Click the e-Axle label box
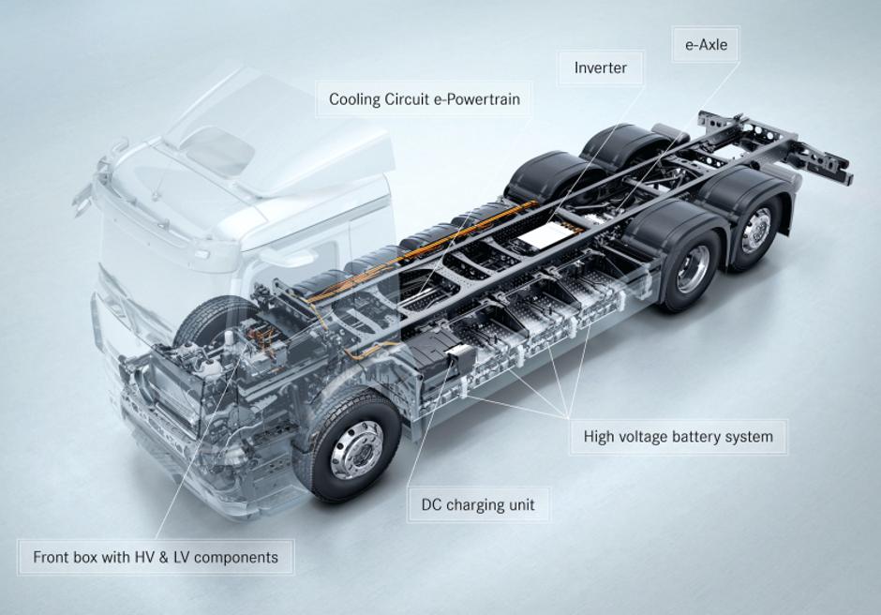pos(706,43)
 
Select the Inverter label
pos(600,68)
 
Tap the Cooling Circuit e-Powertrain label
pos(424,98)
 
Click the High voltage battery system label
pos(678,436)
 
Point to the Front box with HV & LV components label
pos(156,557)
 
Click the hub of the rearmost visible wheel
pos(757,230)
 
